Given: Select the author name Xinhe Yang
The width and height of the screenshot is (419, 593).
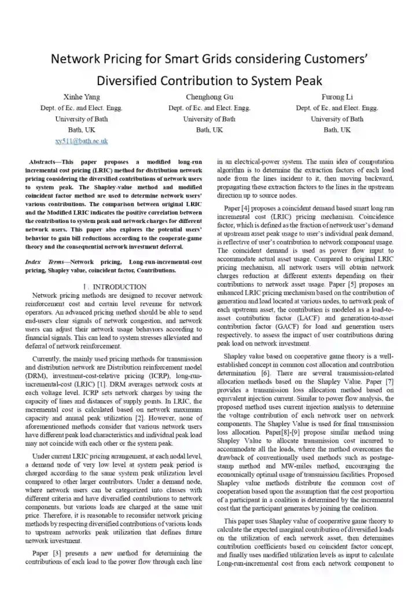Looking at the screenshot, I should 81,96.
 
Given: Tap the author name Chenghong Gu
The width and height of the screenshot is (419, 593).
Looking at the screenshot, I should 209,96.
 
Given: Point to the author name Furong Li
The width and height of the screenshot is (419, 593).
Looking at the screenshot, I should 337,96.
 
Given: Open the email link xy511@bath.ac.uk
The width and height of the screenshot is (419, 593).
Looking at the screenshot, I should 81,141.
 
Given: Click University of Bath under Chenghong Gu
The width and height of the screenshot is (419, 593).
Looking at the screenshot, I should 209,119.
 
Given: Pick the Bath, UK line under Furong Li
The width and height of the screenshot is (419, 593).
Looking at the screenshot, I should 337,130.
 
